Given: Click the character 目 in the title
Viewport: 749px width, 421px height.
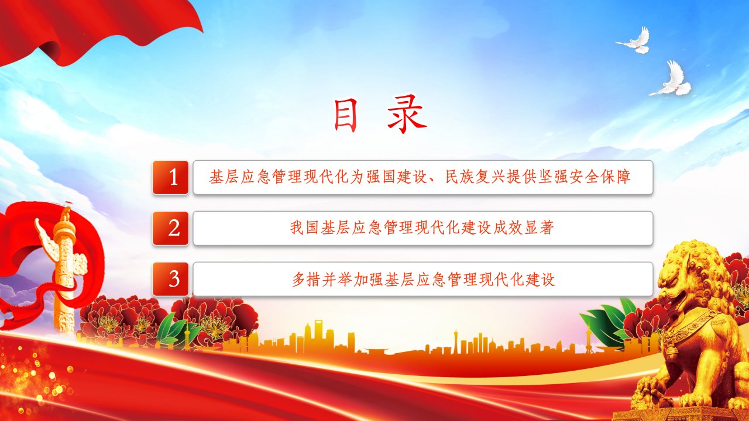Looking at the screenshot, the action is click(345, 115).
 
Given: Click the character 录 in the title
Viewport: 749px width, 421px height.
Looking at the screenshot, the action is click(407, 114).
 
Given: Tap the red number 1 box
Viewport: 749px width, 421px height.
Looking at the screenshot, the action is click(170, 177).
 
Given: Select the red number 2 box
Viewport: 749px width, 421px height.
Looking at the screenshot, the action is click(170, 228).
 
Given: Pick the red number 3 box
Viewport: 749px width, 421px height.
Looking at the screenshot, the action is click(170, 279).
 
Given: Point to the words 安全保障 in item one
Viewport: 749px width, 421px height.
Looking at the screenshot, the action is click(600, 177).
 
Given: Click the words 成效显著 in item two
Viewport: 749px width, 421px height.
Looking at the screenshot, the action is click(524, 228).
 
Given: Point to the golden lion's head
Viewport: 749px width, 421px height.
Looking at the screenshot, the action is click(689, 274).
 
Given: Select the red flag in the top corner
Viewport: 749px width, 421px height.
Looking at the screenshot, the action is click(97, 30).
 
